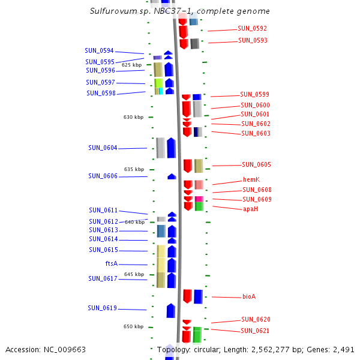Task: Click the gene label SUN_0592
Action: tap(252, 28)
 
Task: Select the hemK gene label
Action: tap(251, 179)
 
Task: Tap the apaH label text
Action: tap(250, 209)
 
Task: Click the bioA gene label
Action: tap(249, 296)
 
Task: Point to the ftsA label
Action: tap(111, 263)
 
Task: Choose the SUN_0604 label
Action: tap(103, 148)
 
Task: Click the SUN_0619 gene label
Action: tap(102, 308)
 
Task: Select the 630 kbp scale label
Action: tap(134, 117)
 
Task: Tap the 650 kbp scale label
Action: tap(133, 326)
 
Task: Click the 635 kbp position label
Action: tap(134, 169)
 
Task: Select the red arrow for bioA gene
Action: tap(187, 296)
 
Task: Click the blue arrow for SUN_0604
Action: tap(171, 148)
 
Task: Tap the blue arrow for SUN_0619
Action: tap(170, 310)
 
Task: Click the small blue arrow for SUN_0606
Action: tap(172, 176)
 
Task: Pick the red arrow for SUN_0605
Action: tap(188, 166)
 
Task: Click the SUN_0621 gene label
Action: tap(255, 331)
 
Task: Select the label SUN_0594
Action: tap(99, 50)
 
